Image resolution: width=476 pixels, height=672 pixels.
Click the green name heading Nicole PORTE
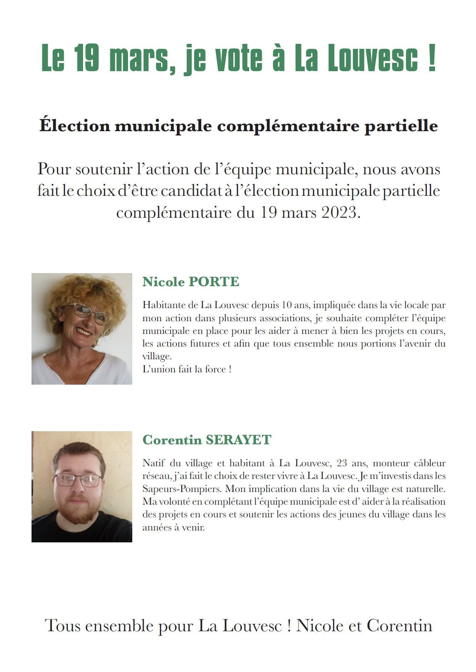click(191, 282)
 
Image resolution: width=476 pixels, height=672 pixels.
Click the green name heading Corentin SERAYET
click(207, 440)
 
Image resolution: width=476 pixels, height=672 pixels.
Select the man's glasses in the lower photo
click(78, 480)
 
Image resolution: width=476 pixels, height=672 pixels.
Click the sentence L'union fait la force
click(187, 369)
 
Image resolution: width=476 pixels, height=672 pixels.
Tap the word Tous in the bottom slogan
click(63, 626)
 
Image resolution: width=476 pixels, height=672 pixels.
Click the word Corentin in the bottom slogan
click(399, 626)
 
